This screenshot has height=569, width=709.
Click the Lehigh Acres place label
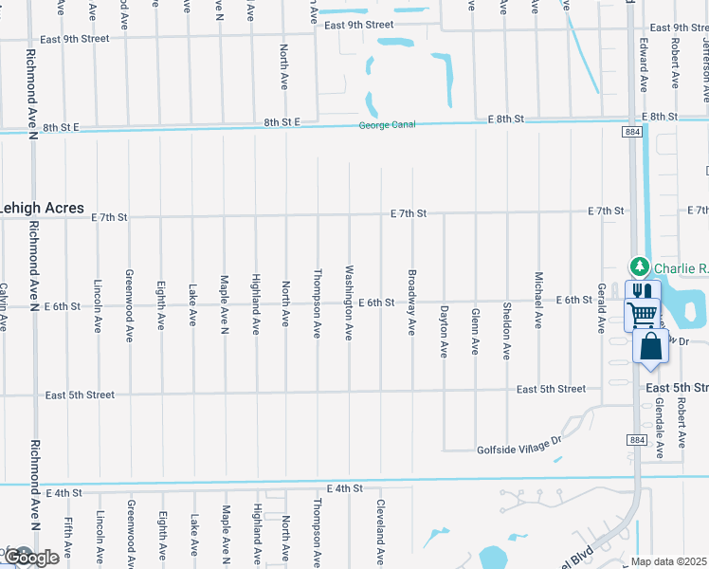[x=42, y=208]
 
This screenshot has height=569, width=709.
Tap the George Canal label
[x=388, y=126]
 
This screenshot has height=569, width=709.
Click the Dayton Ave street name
[x=444, y=330]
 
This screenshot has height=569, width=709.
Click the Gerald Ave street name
[x=601, y=307]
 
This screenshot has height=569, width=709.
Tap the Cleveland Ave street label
[x=381, y=529]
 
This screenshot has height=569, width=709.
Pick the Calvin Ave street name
[x=4, y=307]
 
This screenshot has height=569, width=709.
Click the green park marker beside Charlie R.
[x=640, y=266]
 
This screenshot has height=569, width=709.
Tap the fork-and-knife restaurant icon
[x=642, y=291]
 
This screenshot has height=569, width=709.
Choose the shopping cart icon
[x=643, y=314]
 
